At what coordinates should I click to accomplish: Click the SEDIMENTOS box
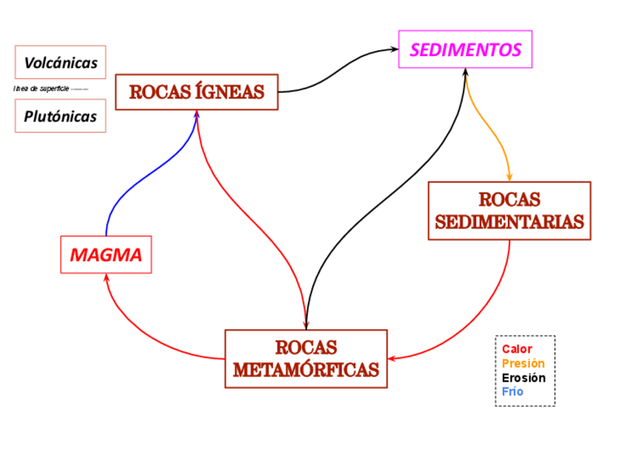(465, 49)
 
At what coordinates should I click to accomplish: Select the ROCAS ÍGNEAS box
(196, 92)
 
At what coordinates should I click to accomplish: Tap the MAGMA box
(106, 255)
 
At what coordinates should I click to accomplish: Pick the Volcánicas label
(61, 63)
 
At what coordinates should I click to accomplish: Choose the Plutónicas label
(61, 117)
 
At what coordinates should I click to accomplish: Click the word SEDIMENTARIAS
(509, 222)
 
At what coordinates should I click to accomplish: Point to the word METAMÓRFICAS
(306, 370)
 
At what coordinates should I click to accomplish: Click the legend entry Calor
(517, 349)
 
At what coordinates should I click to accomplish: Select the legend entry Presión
(523, 363)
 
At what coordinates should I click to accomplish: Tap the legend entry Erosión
(523, 378)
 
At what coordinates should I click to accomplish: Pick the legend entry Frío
(512, 392)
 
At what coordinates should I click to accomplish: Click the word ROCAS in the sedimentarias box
(509, 200)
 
